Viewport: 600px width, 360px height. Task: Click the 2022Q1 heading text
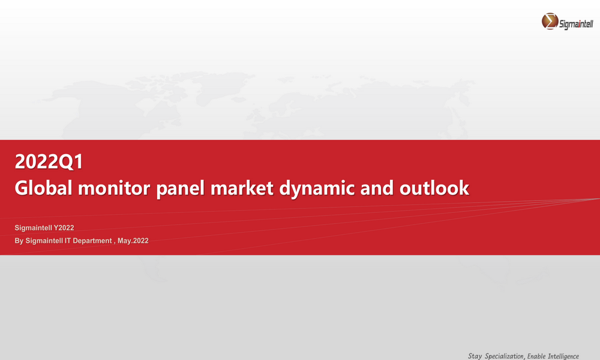[49, 161]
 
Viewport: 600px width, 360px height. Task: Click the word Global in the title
[43, 188]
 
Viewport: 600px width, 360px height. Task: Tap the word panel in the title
[180, 189]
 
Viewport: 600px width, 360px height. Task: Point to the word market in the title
[242, 188]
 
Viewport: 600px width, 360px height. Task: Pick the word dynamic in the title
[317, 189]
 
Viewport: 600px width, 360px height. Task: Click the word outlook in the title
[434, 188]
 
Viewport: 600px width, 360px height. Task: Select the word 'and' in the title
[377, 188]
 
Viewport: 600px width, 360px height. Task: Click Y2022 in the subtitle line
[64, 227]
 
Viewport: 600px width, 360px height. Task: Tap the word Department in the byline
[92, 241]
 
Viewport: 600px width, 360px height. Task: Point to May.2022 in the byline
[133, 241]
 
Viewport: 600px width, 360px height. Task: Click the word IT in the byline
[68, 241]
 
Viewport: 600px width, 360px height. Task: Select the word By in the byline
[19, 241]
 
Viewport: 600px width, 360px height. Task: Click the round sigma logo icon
[550, 21]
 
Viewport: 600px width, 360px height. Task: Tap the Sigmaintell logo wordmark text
[576, 24]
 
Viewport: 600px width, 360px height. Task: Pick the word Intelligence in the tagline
[563, 356]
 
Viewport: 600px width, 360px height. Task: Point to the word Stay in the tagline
[475, 356]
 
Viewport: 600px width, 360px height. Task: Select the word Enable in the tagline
[536, 356]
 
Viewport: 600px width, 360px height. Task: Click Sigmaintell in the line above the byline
[33, 227]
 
